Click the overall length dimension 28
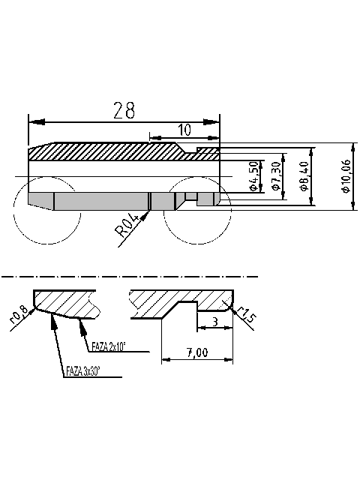[124, 110]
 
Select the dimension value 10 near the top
[184, 130]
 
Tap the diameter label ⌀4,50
[254, 176]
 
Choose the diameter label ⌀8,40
[304, 176]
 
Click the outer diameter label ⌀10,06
[345, 178]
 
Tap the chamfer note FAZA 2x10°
[109, 346]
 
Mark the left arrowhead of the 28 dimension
[31, 121]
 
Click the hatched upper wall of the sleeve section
[112, 150]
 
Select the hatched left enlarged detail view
[64, 302]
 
